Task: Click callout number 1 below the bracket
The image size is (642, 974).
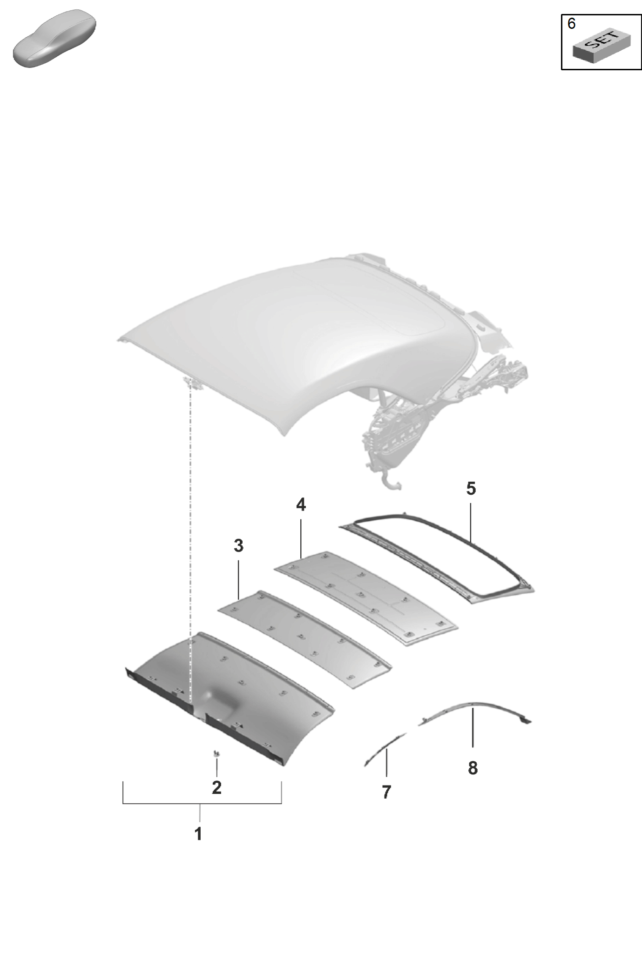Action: point(198,834)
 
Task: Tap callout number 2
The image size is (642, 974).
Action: point(216,787)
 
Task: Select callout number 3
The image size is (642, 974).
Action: point(238,545)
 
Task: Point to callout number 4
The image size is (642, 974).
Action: point(301,504)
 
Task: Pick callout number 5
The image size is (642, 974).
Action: point(471,489)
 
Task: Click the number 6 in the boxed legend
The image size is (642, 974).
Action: point(572,23)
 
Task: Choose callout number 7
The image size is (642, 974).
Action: point(386,792)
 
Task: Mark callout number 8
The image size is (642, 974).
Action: point(473,768)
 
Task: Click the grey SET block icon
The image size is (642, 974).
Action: point(601,45)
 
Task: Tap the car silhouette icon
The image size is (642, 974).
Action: point(54,38)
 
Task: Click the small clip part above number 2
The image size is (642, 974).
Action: point(216,753)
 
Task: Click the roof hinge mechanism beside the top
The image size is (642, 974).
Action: point(447,410)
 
